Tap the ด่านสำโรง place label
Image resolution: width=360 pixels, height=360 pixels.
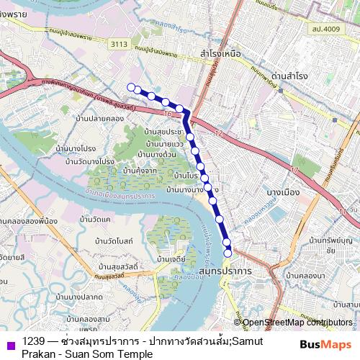pyautogui.click(x=292, y=75)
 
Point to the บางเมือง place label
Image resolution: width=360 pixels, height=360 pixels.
pyautogui.click(x=283, y=192)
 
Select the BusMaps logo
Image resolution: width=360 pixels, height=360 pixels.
pyautogui.click(x=325, y=345)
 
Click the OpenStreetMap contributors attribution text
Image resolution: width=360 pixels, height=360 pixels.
pyautogui.click(x=297, y=322)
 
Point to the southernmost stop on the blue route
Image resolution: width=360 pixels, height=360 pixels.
pyautogui.click(x=228, y=253)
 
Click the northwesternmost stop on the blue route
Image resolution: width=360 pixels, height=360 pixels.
pyautogui.click(x=131, y=87)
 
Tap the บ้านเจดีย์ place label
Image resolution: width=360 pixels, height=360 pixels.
pyautogui.click(x=171, y=257)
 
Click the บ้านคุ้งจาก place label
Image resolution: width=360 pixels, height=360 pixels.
pyautogui.click(x=140, y=171)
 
